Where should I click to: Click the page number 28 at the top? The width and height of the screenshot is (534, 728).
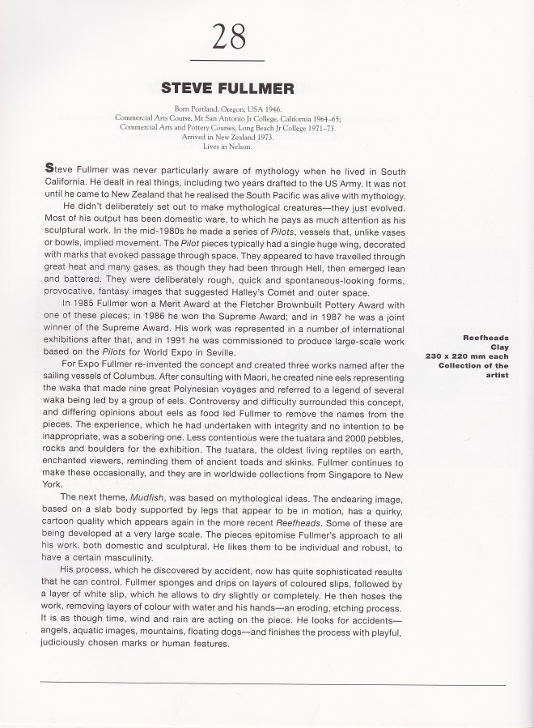tap(228, 37)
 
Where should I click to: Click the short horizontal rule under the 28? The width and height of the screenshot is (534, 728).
tap(228, 62)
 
